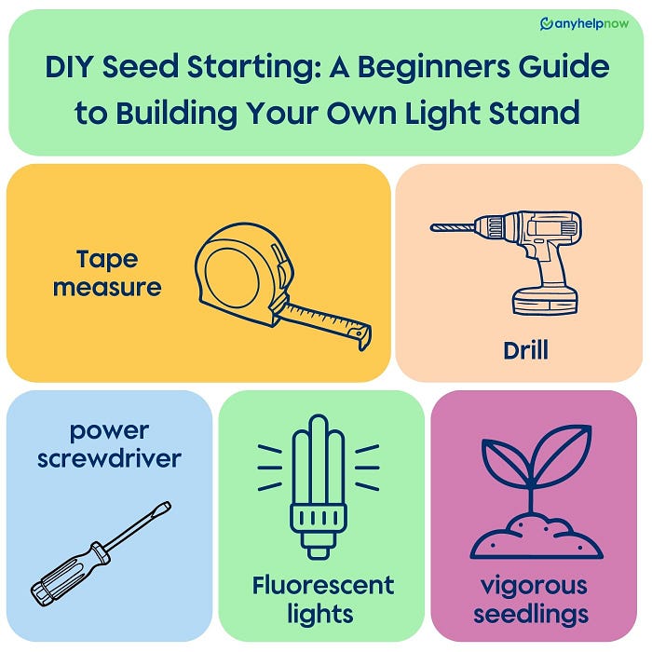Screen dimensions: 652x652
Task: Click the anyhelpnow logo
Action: (x=584, y=24)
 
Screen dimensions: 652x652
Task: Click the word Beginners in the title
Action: (x=433, y=67)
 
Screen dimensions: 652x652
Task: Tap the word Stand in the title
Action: (x=534, y=113)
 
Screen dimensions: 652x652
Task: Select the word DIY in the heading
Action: (x=68, y=66)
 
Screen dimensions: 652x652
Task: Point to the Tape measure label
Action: (x=107, y=274)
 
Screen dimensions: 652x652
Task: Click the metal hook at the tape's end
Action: (x=362, y=337)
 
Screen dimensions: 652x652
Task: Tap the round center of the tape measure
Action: (x=232, y=278)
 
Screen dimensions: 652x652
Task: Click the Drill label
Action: (x=525, y=350)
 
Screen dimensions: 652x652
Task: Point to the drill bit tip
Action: (x=433, y=227)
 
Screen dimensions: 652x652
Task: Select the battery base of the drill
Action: (x=545, y=300)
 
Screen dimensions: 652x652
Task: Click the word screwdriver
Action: (x=109, y=458)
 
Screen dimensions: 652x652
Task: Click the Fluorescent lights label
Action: (x=323, y=599)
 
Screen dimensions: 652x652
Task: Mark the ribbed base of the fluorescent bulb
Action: (x=319, y=519)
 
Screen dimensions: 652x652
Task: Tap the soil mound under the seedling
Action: (x=537, y=537)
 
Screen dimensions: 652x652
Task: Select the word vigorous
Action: (x=534, y=587)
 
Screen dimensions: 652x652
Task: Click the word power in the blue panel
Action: (x=109, y=431)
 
